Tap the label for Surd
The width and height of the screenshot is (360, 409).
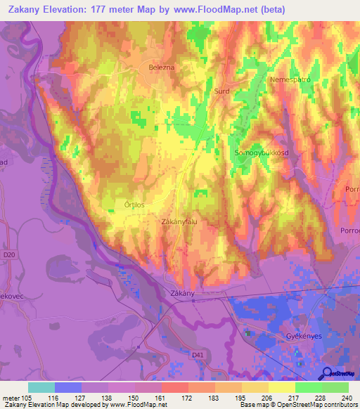tap(222, 91)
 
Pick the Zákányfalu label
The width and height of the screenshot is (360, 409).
tap(181, 221)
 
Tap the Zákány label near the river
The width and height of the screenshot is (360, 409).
tap(182, 292)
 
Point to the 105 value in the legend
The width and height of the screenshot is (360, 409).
tap(27, 398)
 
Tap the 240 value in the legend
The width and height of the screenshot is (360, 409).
tap(345, 398)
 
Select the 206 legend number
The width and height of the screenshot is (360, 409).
tap(265, 398)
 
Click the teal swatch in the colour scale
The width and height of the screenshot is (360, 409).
tap(41, 387)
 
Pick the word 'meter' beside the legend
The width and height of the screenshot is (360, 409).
tap(10, 398)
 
